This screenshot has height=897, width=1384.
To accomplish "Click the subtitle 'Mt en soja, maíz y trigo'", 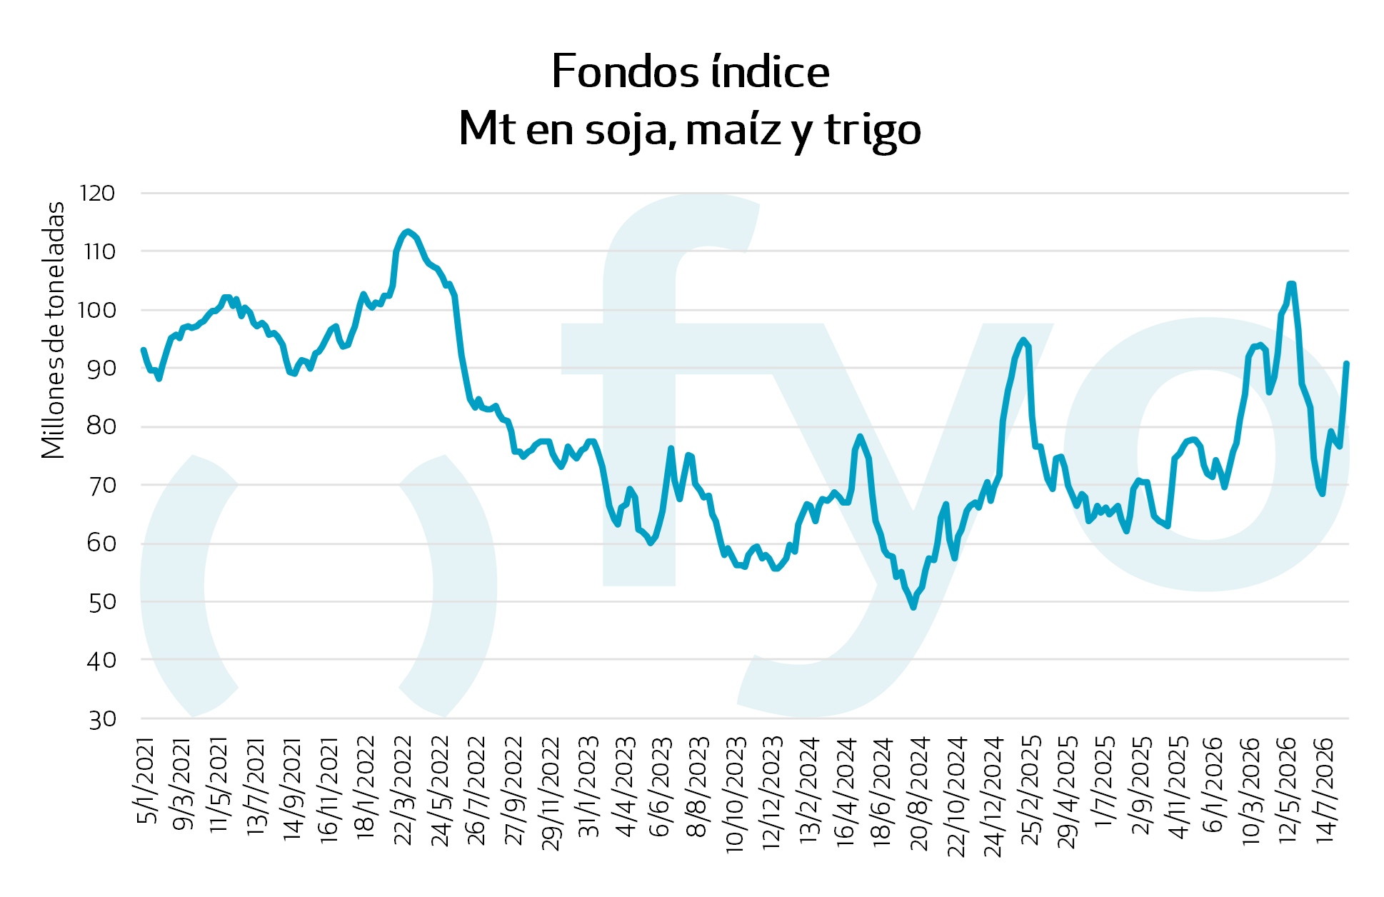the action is (x=690, y=129).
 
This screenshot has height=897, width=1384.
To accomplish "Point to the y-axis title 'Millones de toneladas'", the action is (x=53, y=330).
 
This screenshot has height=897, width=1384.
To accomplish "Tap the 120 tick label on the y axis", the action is (x=98, y=193).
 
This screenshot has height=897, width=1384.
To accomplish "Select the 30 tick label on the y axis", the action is (x=101, y=718).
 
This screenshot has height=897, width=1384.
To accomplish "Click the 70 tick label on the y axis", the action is (x=101, y=485).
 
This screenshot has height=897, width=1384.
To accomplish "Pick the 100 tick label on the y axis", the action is (x=98, y=310).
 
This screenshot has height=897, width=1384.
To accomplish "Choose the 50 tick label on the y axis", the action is (x=101, y=601).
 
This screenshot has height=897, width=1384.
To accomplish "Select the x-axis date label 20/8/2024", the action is (x=920, y=793).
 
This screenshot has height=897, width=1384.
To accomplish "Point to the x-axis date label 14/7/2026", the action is (x=1325, y=791).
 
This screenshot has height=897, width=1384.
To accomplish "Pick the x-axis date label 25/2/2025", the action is (x=1031, y=791).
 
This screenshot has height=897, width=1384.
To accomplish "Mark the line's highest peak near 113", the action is (x=407, y=231).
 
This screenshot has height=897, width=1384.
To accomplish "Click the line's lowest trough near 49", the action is (x=913, y=607).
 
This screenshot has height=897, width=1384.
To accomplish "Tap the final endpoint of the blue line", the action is (x=1346, y=364).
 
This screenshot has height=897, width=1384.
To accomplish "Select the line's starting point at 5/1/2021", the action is (x=144, y=350).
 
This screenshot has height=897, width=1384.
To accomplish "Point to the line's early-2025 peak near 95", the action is (x=1023, y=340).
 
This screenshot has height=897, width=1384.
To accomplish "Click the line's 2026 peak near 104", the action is (x=1291, y=284).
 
